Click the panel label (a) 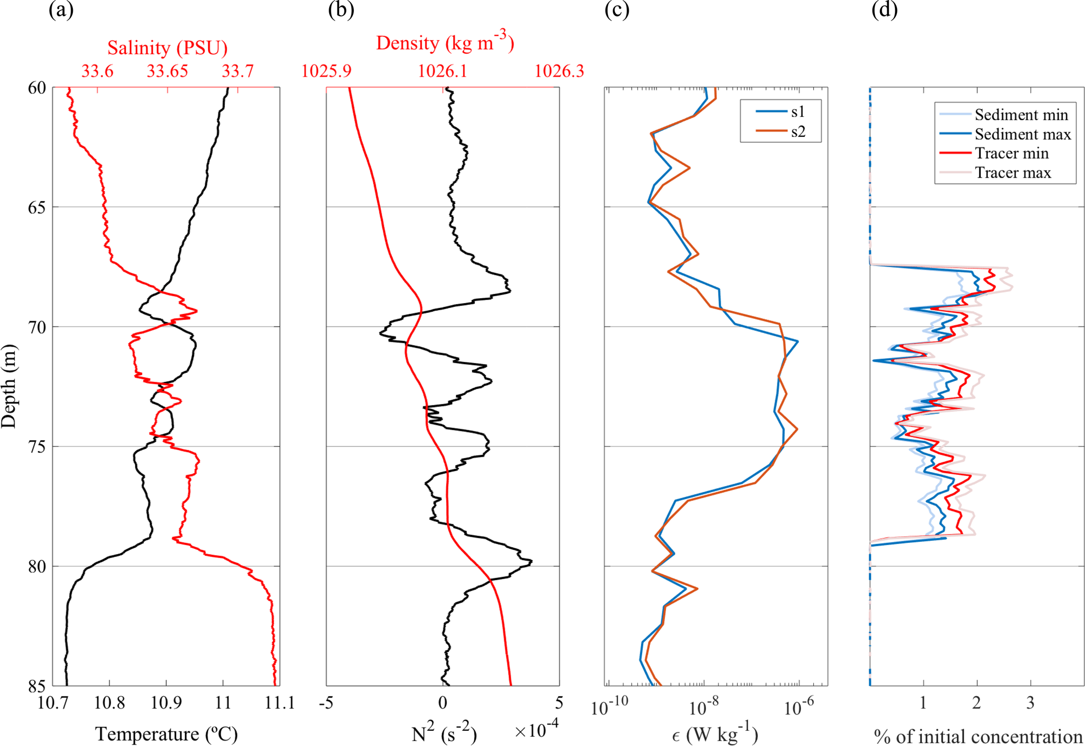[x=61, y=10]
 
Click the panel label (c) [x=617, y=10]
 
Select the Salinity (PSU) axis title [x=167, y=48]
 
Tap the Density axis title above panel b [x=444, y=42]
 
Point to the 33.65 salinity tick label [x=167, y=71]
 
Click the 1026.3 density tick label [x=559, y=71]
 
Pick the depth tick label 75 [x=37, y=447]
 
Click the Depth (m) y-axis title [x=9, y=386]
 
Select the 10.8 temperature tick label [x=109, y=703]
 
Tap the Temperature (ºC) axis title [x=167, y=734]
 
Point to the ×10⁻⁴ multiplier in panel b [x=536, y=729]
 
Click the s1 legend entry [x=798, y=112]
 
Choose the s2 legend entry [x=798, y=132]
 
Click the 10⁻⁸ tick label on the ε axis [x=704, y=707]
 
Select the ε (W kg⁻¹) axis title [x=715, y=735]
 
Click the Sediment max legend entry [x=1022, y=134]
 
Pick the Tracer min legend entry [x=1011, y=153]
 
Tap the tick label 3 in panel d [x=1030, y=703]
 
